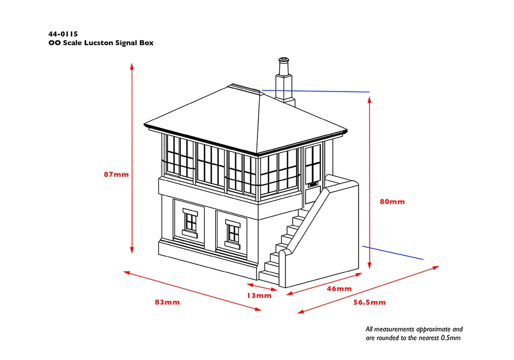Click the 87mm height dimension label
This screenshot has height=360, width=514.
[116, 174]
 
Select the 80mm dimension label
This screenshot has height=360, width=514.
[392, 202]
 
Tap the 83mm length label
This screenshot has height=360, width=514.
[168, 302]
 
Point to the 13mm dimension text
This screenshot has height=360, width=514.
[259, 296]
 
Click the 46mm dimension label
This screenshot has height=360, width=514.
[339, 289]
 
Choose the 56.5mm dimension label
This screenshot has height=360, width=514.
[370, 302]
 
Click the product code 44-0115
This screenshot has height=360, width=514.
[63, 34]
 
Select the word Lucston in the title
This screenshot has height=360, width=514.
[98, 43]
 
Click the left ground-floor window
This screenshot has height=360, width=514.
[190, 223]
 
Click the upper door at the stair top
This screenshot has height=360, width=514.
[313, 174]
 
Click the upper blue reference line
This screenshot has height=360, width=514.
[316, 91]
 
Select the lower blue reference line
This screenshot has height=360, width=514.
[393, 253]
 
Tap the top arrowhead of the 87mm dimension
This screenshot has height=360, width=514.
[132, 66]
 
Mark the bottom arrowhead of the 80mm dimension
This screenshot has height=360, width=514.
[370, 265]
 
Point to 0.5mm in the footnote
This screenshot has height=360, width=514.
[451, 338]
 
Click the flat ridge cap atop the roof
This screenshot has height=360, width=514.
[246, 89]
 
